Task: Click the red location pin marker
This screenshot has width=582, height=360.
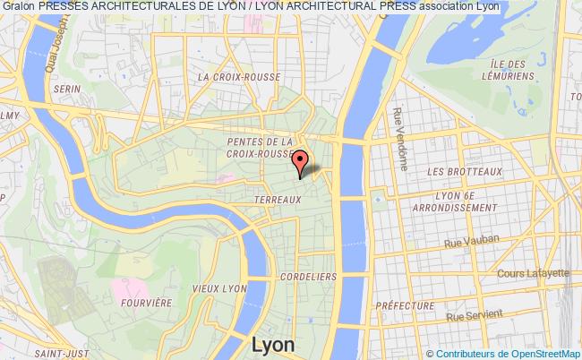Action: (x=301, y=161)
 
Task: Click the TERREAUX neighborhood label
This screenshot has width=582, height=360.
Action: (x=277, y=198)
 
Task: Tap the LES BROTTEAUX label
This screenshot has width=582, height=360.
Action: (x=465, y=169)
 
